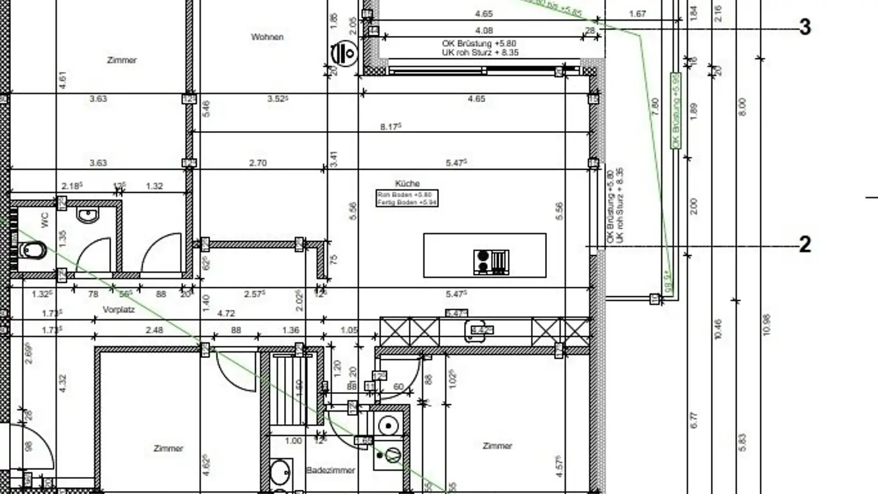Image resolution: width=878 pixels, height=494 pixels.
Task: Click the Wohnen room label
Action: [x=267, y=37]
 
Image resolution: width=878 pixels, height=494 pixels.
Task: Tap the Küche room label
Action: [x=407, y=183]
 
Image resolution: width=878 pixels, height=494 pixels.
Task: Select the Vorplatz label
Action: [x=118, y=309]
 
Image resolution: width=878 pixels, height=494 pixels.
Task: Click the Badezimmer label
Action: [x=330, y=470]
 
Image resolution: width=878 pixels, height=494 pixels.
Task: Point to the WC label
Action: [x=45, y=221]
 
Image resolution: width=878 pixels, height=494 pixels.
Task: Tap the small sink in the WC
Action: [x=88, y=215]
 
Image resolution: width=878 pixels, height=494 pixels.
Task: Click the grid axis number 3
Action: [x=805, y=27]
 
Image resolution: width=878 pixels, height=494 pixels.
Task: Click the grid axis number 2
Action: [x=805, y=245]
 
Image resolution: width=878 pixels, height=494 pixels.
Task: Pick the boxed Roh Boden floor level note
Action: [x=407, y=198]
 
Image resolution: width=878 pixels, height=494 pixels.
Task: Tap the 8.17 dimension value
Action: [x=390, y=127]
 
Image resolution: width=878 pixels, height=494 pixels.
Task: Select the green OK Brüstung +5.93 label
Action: [x=676, y=110]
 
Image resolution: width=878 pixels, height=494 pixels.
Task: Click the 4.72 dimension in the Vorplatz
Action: [x=226, y=313]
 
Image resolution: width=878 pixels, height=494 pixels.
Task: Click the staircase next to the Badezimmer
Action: [x=288, y=390]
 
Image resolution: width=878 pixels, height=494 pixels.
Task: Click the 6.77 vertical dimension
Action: [x=693, y=420]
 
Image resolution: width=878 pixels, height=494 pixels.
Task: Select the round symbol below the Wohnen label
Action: [x=343, y=53]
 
